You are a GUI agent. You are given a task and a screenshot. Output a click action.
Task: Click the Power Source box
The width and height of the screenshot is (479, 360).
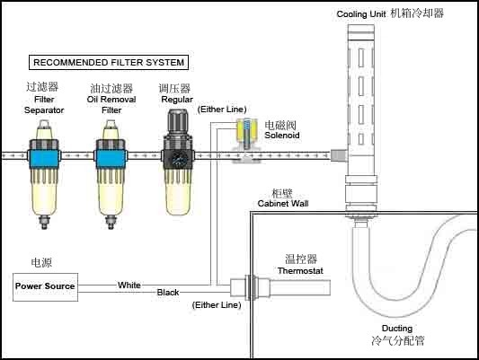45,287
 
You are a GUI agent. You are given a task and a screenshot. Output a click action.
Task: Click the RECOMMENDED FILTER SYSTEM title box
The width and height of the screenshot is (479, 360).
109,62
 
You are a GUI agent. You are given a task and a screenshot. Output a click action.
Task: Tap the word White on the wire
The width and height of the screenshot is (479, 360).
129,285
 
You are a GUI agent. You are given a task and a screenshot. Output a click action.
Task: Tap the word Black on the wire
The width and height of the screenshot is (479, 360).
168,293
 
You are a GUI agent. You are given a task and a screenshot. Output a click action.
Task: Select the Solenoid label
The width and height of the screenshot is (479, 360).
281,136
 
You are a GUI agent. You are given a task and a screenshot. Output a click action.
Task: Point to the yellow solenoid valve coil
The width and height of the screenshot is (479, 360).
247,129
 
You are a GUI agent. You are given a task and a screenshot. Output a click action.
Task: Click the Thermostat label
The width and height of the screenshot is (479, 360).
300,270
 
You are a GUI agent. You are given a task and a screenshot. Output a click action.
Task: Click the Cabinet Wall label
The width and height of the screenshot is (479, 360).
283,203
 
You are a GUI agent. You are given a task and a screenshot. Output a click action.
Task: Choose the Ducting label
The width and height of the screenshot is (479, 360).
397,329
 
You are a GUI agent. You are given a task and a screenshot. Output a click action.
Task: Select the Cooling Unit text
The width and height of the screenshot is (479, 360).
361,14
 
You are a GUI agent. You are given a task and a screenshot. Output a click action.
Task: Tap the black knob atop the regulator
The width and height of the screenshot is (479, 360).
178,121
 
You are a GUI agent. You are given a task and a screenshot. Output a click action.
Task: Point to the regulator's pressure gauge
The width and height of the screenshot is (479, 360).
178,158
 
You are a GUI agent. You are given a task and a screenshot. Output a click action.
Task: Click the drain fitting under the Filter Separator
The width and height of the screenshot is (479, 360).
44,222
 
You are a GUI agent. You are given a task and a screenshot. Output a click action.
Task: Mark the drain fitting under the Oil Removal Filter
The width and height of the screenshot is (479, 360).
111,222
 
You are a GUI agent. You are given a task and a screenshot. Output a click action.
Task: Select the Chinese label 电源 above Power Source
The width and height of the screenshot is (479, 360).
41,263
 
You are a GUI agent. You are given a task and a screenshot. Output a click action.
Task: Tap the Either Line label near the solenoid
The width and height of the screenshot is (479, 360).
222,110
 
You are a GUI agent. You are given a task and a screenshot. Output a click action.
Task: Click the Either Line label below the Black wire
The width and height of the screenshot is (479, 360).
217,305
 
